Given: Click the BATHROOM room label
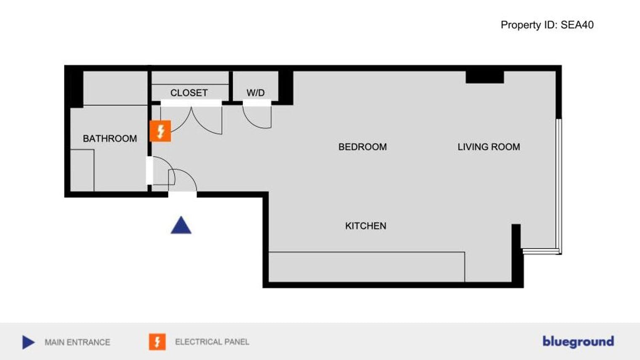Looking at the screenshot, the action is click(110, 139).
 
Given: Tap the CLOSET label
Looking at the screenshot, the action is click(189, 93).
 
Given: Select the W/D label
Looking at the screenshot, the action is click(256, 93).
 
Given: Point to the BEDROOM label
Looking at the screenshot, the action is click(363, 147).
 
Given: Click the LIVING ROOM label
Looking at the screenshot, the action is click(489, 147).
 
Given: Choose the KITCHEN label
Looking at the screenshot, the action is click(366, 226).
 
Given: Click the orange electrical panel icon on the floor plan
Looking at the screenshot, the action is click(160, 131).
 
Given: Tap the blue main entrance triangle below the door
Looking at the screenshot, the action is click(181, 225).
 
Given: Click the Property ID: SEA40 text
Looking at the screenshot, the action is click(547, 25).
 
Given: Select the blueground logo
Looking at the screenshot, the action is click(578, 342).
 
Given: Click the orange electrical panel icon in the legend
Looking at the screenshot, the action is click(157, 342).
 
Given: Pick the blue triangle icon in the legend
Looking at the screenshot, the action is click(29, 342).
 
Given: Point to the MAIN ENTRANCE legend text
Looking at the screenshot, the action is click(77, 342).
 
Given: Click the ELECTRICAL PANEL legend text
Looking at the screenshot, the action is click(212, 342).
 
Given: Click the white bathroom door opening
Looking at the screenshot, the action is click(149, 171).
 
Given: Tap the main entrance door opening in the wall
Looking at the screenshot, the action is click(182, 195).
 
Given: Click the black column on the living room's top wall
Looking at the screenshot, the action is click(485, 77).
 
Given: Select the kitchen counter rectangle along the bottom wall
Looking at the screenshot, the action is click(367, 267).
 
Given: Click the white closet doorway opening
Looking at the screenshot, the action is click(191, 103).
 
